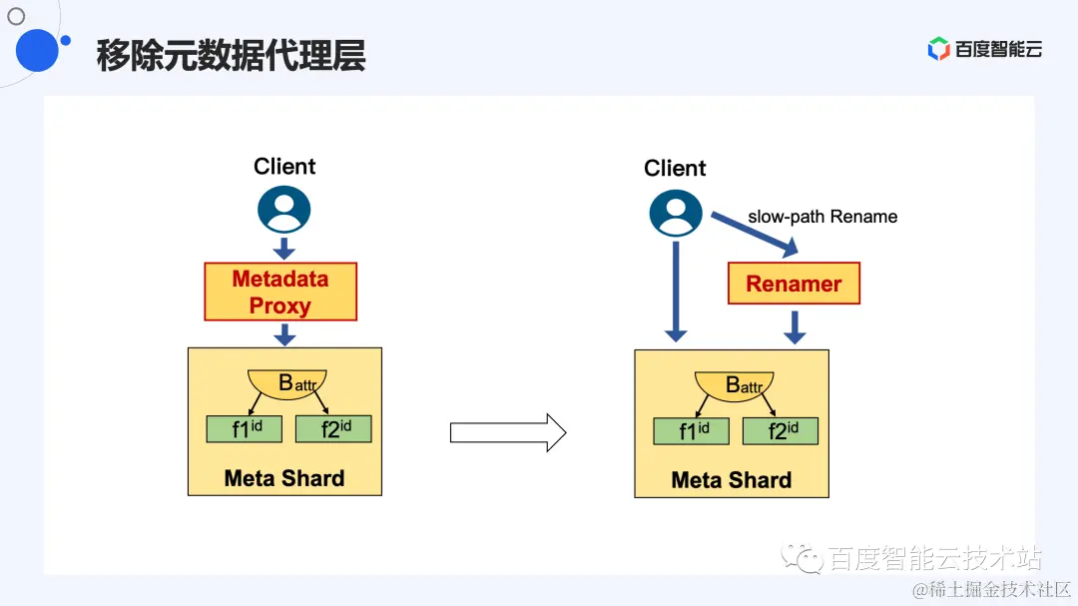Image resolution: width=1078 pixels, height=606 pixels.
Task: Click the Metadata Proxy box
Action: [x=280, y=292]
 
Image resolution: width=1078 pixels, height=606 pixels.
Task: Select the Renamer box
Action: [x=794, y=284]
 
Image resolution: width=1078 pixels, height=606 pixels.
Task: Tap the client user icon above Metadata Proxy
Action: [x=284, y=210]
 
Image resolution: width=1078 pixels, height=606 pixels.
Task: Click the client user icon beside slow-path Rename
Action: [x=676, y=213]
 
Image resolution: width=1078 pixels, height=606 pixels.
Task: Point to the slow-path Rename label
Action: [x=822, y=217]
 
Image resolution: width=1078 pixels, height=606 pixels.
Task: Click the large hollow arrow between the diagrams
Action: [x=508, y=432]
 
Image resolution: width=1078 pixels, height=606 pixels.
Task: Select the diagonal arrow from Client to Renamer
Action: [x=755, y=232]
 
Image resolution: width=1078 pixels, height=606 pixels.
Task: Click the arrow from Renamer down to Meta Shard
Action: [x=795, y=326]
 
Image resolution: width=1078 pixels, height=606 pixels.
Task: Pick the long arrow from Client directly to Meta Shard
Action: [x=676, y=291]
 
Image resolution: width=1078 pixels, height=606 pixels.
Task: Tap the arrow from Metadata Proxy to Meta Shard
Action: [x=284, y=333]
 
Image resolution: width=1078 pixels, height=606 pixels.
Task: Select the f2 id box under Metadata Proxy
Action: [x=333, y=429]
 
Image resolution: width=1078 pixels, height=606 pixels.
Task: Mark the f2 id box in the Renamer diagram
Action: [x=781, y=431]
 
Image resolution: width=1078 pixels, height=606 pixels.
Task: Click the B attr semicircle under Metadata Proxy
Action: [x=287, y=383]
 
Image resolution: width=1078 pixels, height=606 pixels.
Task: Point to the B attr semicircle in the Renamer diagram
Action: [x=735, y=385]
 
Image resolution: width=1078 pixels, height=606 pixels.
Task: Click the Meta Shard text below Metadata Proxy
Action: [x=284, y=478]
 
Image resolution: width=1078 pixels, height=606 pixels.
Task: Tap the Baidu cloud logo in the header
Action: [x=984, y=49]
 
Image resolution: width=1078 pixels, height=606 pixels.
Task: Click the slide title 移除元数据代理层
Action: [x=231, y=56]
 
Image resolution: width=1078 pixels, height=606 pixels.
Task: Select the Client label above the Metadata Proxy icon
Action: [x=284, y=167]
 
